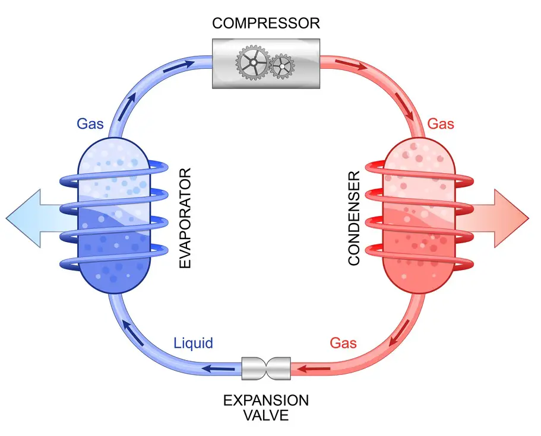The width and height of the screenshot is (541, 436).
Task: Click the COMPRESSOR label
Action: (266, 24)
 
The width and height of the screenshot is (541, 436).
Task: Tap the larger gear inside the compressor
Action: (253, 63)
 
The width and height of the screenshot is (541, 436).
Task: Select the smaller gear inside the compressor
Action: (282, 66)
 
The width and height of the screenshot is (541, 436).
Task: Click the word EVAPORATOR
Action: (185, 218)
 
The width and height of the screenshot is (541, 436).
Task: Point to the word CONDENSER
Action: (354, 218)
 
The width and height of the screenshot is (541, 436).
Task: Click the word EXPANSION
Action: (266, 400)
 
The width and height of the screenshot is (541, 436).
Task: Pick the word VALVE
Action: (266, 415)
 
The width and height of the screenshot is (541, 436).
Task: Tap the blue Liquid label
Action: (193, 343)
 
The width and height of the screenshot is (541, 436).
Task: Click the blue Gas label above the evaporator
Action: (90, 123)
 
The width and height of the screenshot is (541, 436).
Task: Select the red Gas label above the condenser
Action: (441, 123)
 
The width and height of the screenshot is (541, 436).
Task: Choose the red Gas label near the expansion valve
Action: (343, 343)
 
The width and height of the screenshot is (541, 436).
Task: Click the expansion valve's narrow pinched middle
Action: (266, 368)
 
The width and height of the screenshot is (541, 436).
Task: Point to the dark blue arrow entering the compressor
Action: (179, 67)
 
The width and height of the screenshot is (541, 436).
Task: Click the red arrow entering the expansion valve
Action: (314, 369)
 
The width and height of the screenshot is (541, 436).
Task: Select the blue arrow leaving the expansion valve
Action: (218, 369)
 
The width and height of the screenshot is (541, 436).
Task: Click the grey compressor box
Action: (266, 63)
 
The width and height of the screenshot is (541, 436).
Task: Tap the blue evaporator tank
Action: (114, 216)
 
